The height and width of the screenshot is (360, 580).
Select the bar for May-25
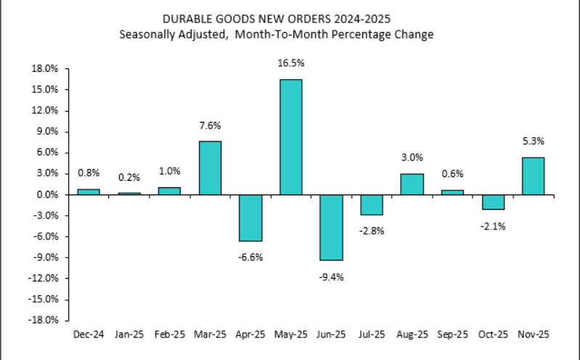[x=290, y=136]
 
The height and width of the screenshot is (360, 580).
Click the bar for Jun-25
[x=331, y=227]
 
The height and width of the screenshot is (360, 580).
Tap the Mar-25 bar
[x=210, y=168]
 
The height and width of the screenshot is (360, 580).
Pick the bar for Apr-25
[x=250, y=218]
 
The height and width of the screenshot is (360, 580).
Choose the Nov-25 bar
[x=533, y=176]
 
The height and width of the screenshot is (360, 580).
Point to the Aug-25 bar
[x=412, y=184]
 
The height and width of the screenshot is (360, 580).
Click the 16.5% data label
[x=290, y=64]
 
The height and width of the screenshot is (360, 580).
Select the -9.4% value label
[x=331, y=276]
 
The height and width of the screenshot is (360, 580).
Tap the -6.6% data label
[x=250, y=256]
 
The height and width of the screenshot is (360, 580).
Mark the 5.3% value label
[x=533, y=142]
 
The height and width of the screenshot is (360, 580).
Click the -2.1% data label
[x=492, y=226]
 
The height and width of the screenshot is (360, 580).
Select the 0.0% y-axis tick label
[x=48, y=195]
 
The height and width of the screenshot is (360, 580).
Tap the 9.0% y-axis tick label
[x=48, y=131]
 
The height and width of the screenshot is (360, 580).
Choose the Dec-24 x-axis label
[x=88, y=335]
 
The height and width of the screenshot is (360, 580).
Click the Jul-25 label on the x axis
[x=371, y=335]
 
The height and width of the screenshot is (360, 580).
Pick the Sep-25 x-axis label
[x=452, y=335]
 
